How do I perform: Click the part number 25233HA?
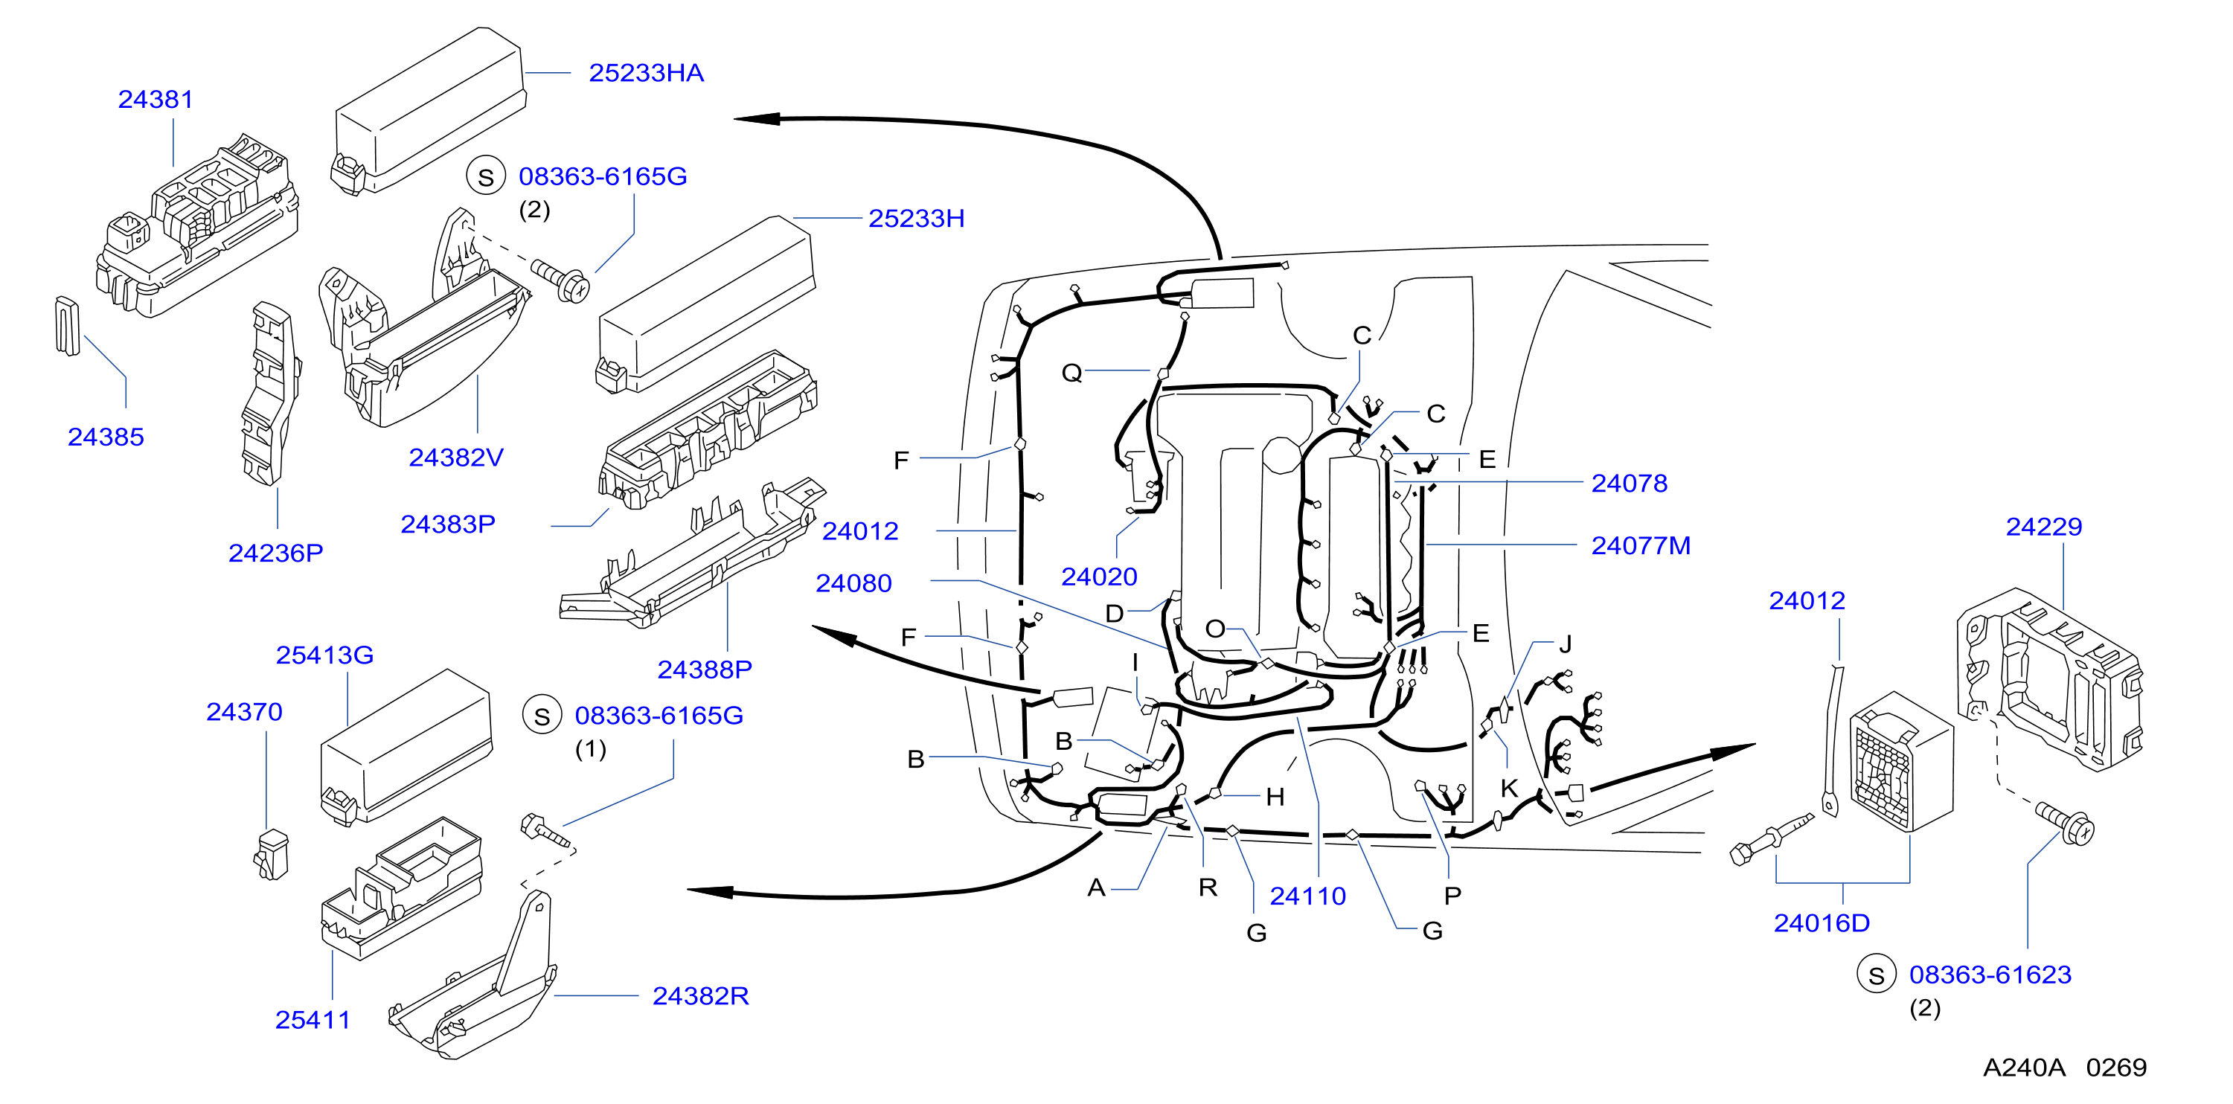click(x=646, y=73)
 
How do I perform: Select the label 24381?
click(x=156, y=100)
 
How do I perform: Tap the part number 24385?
click(x=106, y=437)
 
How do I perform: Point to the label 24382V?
click(x=456, y=458)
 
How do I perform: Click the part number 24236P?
click(x=275, y=553)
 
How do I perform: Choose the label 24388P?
click(x=705, y=669)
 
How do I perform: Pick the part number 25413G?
click(x=324, y=655)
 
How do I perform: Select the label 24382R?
click(x=700, y=995)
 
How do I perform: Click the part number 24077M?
click(x=1641, y=546)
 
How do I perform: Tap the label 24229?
click(x=2044, y=527)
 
